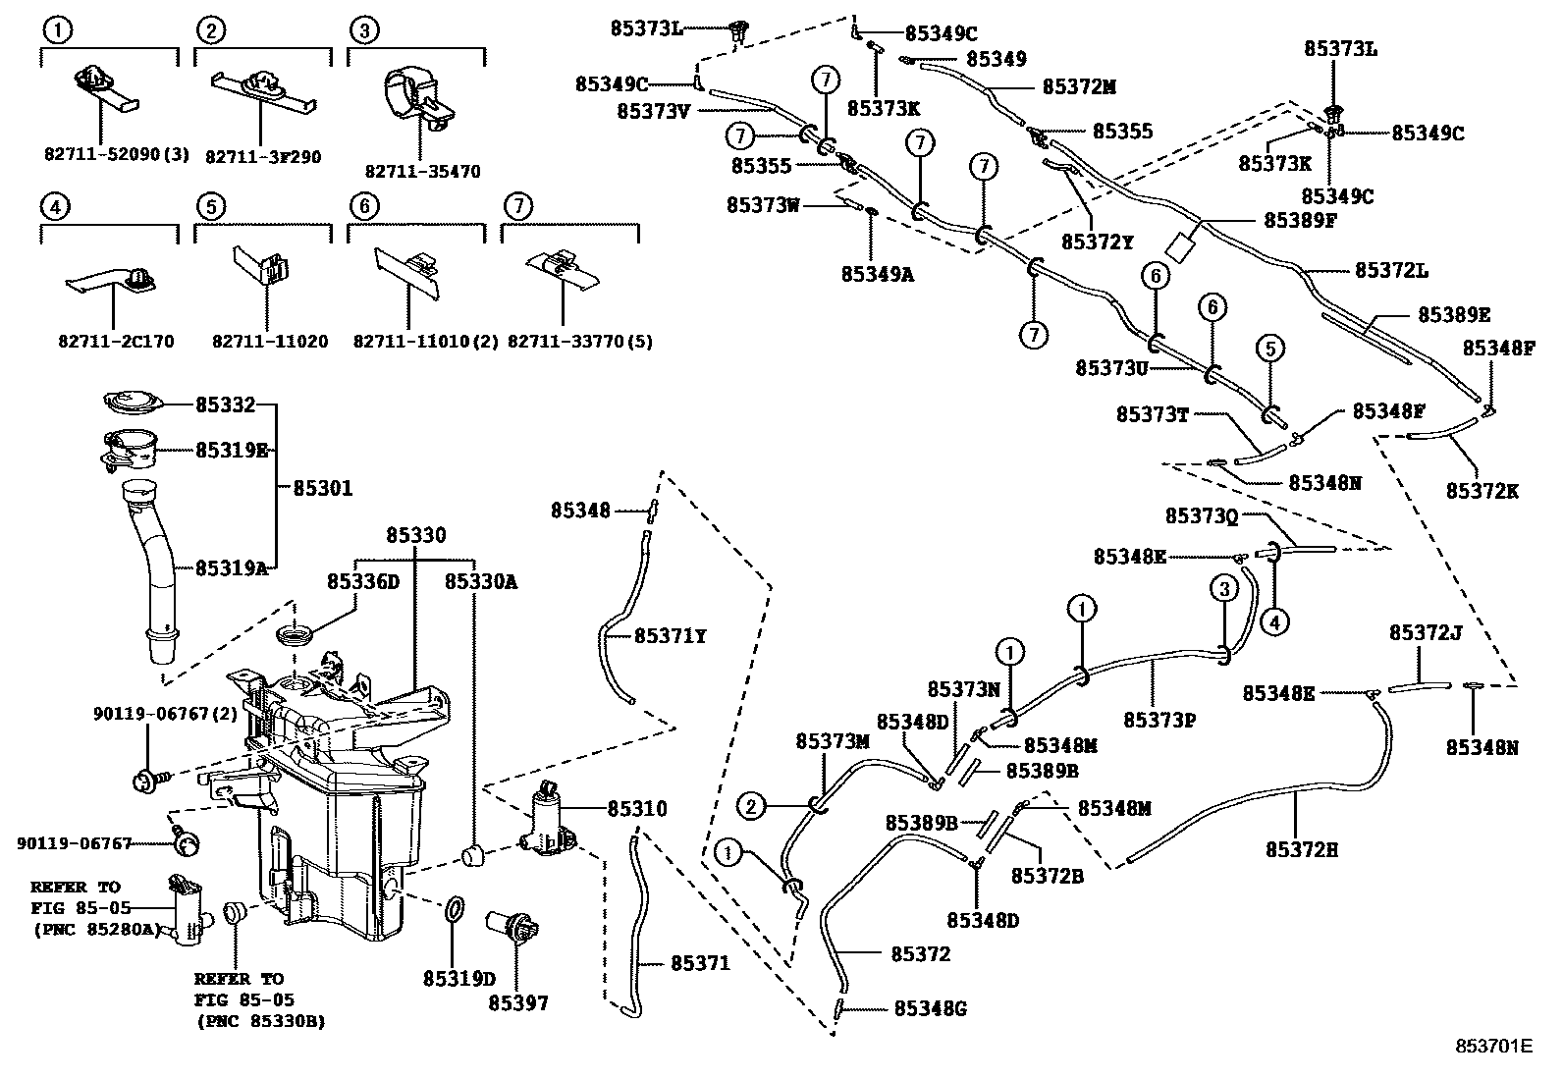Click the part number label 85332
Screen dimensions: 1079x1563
click(x=225, y=405)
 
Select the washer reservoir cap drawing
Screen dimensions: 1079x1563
click(x=132, y=404)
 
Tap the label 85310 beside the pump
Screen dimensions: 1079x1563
click(x=636, y=809)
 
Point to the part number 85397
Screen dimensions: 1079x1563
click(x=518, y=1002)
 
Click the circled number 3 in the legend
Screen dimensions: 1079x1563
click(x=363, y=31)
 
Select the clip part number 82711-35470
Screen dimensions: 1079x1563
click(x=422, y=172)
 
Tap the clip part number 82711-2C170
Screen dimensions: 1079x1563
click(x=116, y=342)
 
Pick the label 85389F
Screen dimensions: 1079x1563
click(x=1300, y=220)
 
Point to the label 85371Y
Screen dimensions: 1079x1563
click(x=671, y=636)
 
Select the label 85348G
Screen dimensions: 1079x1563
click(x=931, y=1008)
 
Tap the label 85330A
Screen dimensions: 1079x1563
click(x=480, y=581)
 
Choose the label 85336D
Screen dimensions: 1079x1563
click(x=363, y=581)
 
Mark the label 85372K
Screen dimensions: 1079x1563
click(x=1482, y=490)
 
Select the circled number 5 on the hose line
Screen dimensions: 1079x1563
click(x=1269, y=348)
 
